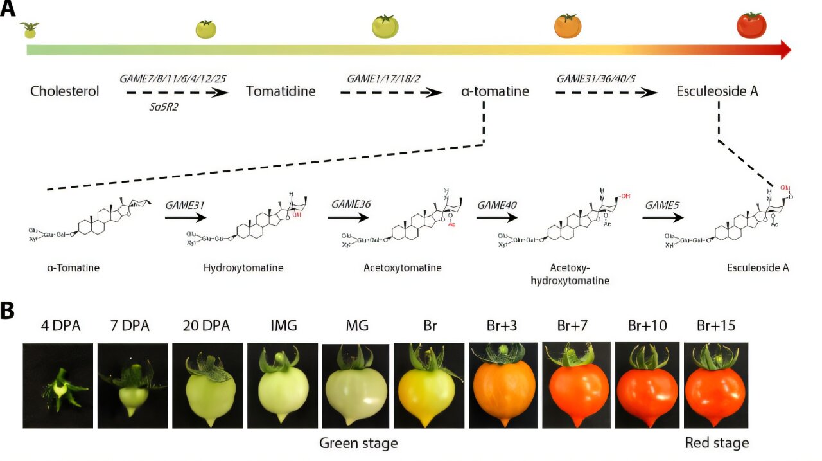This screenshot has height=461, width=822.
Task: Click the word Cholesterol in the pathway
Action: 65,91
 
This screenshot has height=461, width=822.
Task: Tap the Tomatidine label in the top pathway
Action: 281,91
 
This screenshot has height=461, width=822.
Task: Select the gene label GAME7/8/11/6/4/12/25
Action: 173,78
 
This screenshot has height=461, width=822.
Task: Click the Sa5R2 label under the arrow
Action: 163,107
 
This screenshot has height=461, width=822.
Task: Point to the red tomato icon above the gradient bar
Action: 751,26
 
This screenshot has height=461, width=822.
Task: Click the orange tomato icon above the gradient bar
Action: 568,26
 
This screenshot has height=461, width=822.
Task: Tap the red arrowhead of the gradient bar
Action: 785,50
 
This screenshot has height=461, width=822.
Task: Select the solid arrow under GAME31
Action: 186,217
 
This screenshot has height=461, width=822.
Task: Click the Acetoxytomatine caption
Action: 403,267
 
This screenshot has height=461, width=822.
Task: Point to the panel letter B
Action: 8,311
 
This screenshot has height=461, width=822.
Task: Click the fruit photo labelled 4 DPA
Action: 58,386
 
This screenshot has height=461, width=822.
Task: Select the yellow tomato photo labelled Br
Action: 428,386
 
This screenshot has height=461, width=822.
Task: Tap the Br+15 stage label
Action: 716,326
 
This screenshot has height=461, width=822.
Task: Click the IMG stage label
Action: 283,326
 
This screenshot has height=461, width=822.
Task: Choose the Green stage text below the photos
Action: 358,444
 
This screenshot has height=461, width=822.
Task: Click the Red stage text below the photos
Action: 717,444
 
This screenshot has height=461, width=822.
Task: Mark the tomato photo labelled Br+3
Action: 503,386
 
